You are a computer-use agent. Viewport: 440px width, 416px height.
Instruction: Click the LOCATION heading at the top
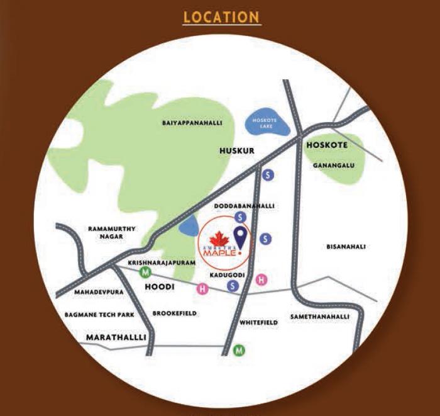pyautogui.click(x=221, y=17)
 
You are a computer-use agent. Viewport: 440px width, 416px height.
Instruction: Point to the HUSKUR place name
pyautogui.click(x=237, y=151)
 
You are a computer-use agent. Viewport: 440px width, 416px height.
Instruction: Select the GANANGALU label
pyautogui.click(x=330, y=166)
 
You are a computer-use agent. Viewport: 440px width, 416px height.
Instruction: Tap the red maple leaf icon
pyautogui.click(x=217, y=239)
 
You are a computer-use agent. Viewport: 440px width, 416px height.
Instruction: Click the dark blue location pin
pyautogui.click(x=240, y=239)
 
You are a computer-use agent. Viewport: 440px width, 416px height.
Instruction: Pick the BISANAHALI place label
pyautogui.click(x=346, y=247)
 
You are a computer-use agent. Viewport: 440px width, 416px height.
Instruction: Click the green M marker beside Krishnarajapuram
pyautogui.click(x=146, y=273)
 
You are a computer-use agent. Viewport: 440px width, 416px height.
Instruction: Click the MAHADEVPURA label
pyautogui.click(x=96, y=293)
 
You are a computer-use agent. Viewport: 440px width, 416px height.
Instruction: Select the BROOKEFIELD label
pyautogui.click(x=175, y=313)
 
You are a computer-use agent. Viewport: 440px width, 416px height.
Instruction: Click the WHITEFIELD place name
pyautogui.click(x=258, y=322)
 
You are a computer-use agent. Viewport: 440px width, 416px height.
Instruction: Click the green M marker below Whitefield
pyautogui.click(x=239, y=350)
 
